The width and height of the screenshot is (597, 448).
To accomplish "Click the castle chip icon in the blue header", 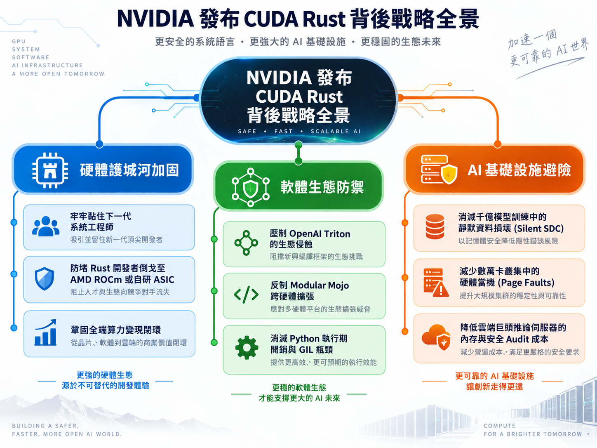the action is click(x=50, y=170).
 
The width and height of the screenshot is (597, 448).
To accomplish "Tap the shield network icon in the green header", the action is click(x=251, y=187).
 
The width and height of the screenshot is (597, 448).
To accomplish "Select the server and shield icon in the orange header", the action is click(x=439, y=170).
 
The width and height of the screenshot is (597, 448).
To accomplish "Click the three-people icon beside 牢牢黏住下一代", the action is click(x=46, y=226).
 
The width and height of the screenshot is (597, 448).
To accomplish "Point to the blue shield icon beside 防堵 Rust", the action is click(x=45, y=278).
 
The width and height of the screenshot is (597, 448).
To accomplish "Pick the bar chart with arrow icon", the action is click(x=45, y=332).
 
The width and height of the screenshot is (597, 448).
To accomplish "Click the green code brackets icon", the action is click(x=246, y=294).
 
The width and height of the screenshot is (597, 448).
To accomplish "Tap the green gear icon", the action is click(x=247, y=348).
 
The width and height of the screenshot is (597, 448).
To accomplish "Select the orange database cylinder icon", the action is click(x=435, y=226).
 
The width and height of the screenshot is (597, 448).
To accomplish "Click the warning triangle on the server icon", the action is click(x=441, y=289).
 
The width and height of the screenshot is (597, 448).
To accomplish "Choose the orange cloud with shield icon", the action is click(x=436, y=337).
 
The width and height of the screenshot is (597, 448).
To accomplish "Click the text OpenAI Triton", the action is click(x=320, y=233).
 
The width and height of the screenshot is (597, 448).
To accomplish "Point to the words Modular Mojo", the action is click(x=320, y=285).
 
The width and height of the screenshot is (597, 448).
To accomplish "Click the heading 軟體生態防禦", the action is click(x=322, y=187).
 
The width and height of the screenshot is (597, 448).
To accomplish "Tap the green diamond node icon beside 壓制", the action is click(x=246, y=243).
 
